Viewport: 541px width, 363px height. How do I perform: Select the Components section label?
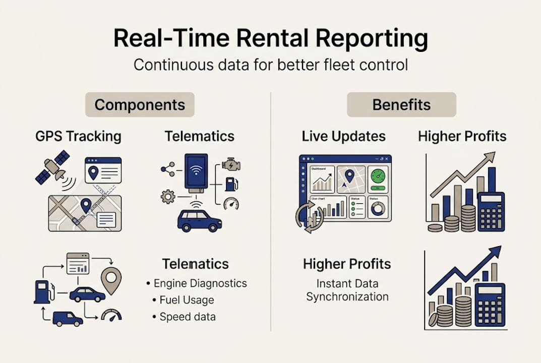(140, 105)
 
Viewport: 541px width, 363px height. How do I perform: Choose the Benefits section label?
(401, 105)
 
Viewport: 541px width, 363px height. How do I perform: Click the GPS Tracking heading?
(78, 136)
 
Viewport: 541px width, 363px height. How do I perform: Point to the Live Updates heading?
(343, 136)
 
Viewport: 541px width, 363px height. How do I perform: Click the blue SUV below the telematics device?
(200, 220)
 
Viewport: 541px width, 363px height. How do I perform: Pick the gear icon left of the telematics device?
(168, 196)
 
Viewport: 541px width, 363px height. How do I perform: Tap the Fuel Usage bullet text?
(187, 300)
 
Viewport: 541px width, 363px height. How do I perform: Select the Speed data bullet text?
(188, 317)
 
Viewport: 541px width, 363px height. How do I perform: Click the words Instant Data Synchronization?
(347, 290)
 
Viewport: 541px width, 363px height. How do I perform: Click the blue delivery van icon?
(67, 319)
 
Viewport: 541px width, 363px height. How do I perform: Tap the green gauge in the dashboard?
(378, 176)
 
